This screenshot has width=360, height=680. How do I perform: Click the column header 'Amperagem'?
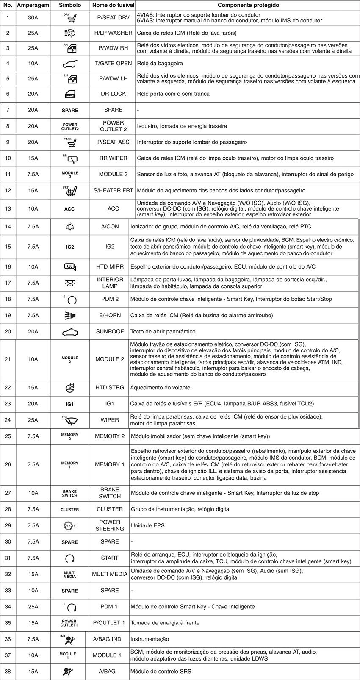point(33,6)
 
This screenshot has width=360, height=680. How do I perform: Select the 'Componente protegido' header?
point(248,6)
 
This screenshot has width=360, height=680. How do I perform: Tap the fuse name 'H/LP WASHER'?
point(113,33)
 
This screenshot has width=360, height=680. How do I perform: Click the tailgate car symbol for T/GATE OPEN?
point(70,64)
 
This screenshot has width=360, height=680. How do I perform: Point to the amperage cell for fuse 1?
point(33,18)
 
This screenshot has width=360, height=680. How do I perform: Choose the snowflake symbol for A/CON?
point(70,227)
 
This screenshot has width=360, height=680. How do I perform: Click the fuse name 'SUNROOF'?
point(110,331)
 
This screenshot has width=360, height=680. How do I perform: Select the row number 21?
point(8,359)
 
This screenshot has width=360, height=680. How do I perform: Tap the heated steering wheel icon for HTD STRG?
point(70,388)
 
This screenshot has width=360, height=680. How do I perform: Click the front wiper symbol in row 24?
point(70,420)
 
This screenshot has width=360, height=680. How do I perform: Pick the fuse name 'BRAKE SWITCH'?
point(110,493)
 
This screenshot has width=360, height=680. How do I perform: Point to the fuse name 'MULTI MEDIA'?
point(110,574)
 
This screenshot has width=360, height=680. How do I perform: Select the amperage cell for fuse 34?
point(33,607)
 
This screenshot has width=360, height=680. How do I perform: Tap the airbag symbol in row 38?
point(68,672)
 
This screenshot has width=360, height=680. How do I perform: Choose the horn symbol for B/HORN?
point(70,315)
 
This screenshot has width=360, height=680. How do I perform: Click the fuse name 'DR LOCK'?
point(113,94)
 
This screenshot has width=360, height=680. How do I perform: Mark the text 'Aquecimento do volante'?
point(160,388)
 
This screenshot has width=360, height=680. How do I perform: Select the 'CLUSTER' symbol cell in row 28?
point(70,509)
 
